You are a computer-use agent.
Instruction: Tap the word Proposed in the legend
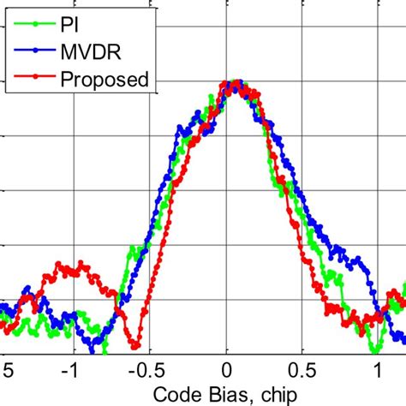click(x=105, y=80)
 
